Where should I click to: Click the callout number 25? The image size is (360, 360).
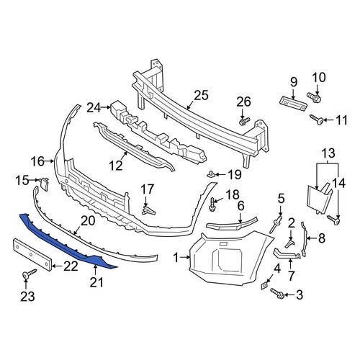200,94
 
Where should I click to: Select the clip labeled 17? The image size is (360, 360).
148,210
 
